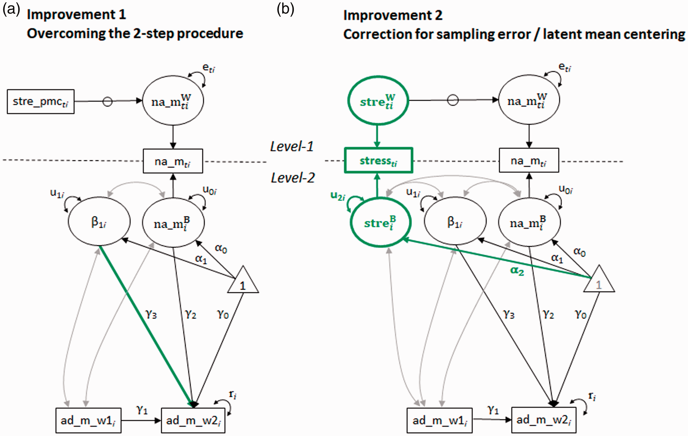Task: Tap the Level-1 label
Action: tap(292, 146)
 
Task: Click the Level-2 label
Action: tap(293, 178)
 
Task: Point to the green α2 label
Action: tap(517, 271)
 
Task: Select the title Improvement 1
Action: tap(76, 15)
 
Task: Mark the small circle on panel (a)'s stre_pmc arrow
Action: tap(107, 101)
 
